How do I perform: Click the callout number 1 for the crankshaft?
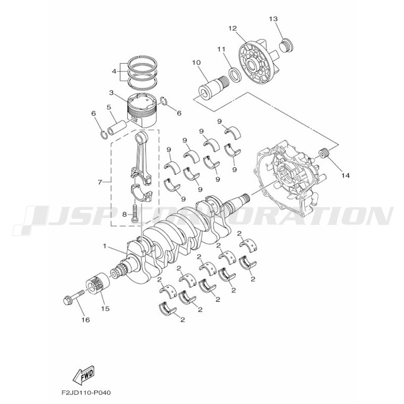(105, 246)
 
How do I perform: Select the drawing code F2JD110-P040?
(86, 393)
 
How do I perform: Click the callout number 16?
(86, 320)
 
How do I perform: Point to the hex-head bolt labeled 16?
(74, 297)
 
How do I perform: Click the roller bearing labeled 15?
(97, 283)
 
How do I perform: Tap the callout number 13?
(274, 19)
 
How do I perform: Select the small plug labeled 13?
(286, 46)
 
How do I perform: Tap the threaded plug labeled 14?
(325, 154)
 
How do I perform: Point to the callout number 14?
(345, 175)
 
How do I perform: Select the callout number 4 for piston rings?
(114, 71)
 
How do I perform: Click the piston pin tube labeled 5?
(118, 128)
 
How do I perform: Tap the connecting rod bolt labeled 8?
(134, 214)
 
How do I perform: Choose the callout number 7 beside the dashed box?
(100, 182)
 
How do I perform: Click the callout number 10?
(196, 63)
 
